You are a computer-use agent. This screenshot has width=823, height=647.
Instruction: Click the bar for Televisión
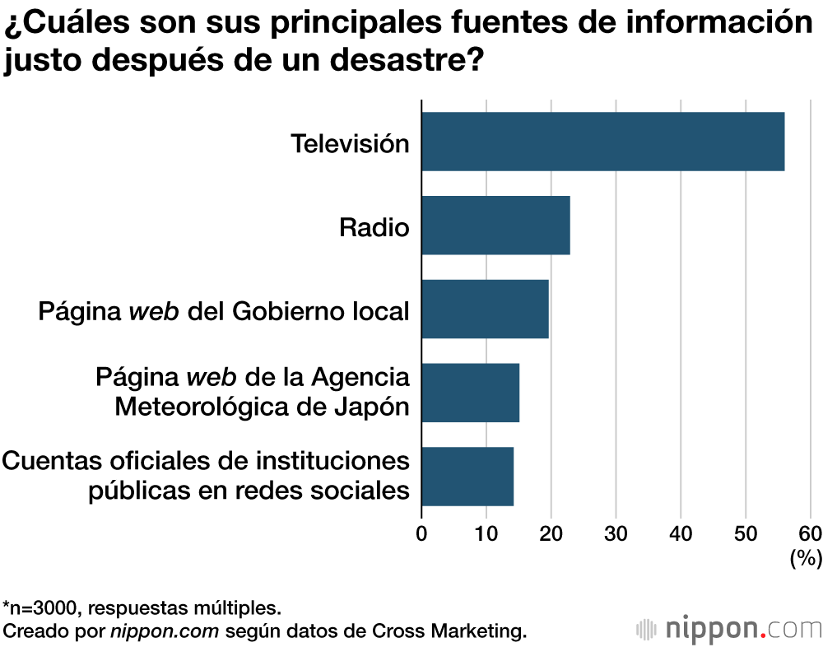click(x=602, y=142)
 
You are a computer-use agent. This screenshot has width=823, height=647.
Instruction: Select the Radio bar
click(x=495, y=226)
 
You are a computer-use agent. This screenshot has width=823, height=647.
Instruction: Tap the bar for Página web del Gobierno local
click(x=485, y=309)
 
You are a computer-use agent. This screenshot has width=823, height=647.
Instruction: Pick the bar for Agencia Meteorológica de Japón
click(x=470, y=393)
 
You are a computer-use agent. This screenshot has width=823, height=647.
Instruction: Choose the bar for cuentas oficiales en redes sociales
click(x=467, y=476)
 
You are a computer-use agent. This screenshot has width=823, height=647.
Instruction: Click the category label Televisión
click(x=350, y=143)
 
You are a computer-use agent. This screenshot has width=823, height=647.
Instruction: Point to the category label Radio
click(x=374, y=226)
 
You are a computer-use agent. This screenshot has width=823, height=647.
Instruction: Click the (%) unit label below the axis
click(x=806, y=559)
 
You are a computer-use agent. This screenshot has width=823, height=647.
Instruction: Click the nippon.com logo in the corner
click(x=730, y=630)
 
